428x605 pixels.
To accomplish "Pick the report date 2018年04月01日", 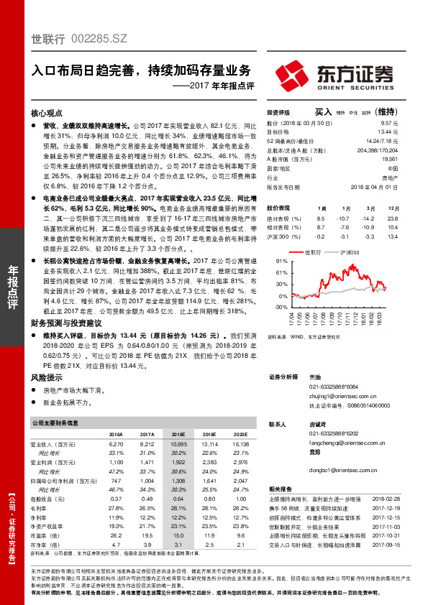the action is tap(375, 185).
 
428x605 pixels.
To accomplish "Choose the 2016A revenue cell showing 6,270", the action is tap(115, 445).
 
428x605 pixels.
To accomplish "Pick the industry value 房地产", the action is tap(388, 175).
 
